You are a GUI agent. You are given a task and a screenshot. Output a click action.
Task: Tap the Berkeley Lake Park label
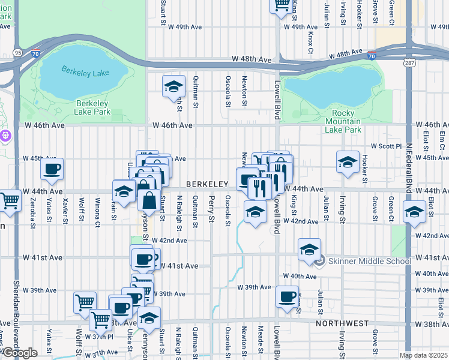pyautogui.click(x=93, y=107)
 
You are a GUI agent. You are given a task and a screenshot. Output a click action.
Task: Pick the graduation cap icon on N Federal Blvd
pyautogui.click(x=414, y=212)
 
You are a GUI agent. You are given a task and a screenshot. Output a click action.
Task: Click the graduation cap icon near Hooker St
pyautogui.click(x=348, y=162)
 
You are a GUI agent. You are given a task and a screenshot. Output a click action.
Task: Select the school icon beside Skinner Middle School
pyautogui.click(x=309, y=249)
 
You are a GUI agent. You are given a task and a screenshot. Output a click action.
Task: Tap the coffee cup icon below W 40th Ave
pyautogui.click(x=287, y=296)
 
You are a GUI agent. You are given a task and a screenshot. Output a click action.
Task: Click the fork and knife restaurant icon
pyautogui.click(x=259, y=187)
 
